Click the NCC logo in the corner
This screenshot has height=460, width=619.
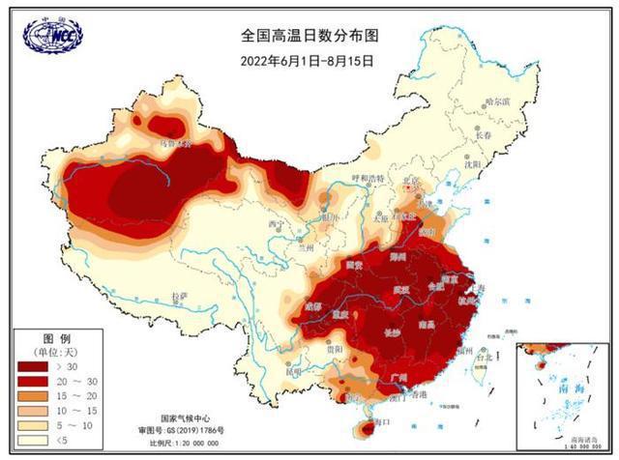pos(52,34)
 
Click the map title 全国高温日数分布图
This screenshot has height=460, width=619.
pos(309,35)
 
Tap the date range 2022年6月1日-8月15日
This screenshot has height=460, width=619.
pos(309,58)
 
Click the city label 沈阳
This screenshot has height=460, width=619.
pos(471,164)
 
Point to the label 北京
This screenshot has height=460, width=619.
pos(412,181)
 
